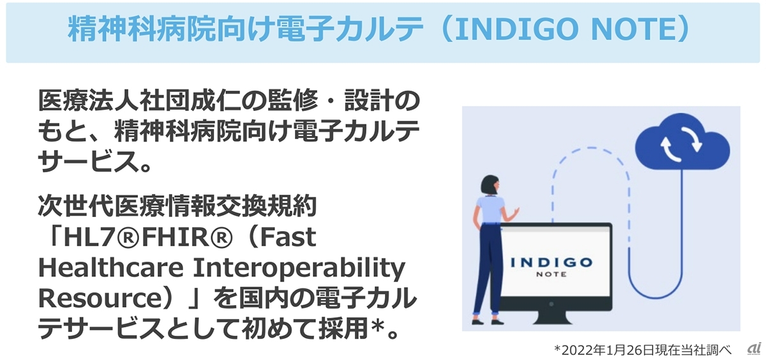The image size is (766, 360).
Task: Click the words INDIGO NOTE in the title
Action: [x=567, y=29]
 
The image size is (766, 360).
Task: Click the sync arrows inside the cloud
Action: [x=681, y=144]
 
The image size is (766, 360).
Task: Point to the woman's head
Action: [x=490, y=185]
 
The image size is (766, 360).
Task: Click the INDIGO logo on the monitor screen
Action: [x=552, y=262]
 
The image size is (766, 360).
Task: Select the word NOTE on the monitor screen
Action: [x=552, y=274]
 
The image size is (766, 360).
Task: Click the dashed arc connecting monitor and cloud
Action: [x=591, y=147]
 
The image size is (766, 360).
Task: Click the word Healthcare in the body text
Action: [x=111, y=267]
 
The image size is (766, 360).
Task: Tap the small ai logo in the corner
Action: [x=753, y=349]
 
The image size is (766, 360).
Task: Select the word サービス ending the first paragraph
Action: [x=88, y=161]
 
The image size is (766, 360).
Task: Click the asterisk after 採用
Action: [x=378, y=326]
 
